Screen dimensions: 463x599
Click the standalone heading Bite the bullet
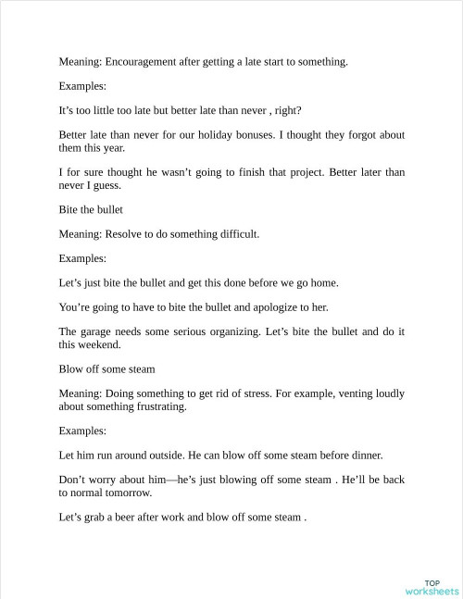point(91,209)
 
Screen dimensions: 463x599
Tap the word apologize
point(262,307)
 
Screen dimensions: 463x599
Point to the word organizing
point(234,331)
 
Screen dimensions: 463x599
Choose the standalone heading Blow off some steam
point(106,368)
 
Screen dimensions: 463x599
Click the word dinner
point(365,455)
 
